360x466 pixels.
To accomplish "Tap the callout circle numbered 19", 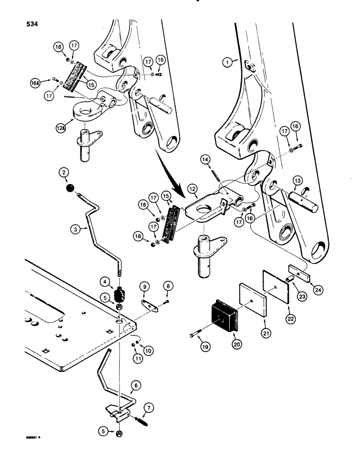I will (192, 334).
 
